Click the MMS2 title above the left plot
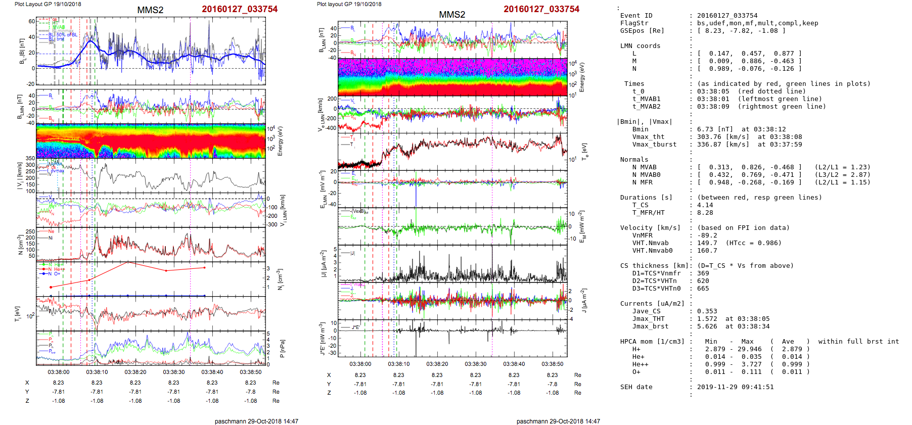click(x=150, y=10)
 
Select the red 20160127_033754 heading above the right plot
click(x=541, y=9)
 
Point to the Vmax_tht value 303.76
click(x=709, y=137)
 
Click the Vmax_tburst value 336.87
click(x=709, y=145)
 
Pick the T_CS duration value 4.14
click(x=705, y=205)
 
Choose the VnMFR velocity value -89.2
click(x=707, y=235)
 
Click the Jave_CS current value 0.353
click(x=707, y=311)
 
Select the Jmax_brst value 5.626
click(x=707, y=326)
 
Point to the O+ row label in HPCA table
click(x=636, y=372)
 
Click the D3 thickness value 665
click(x=703, y=289)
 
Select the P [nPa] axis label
click(x=282, y=348)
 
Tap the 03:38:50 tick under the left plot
click(x=251, y=372)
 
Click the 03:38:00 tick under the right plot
click(x=360, y=364)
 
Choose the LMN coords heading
click(x=640, y=46)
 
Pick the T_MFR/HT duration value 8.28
click(x=705, y=213)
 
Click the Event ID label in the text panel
click(x=636, y=16)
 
